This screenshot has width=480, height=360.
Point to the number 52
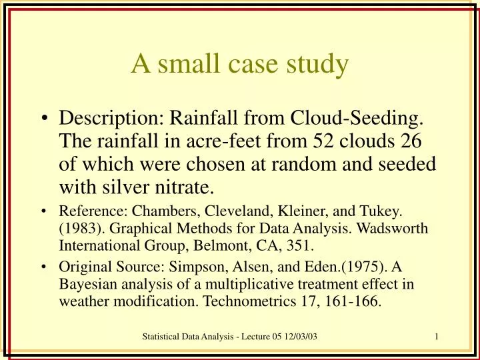point(325,142)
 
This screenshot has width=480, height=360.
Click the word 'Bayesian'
point(84,285)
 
